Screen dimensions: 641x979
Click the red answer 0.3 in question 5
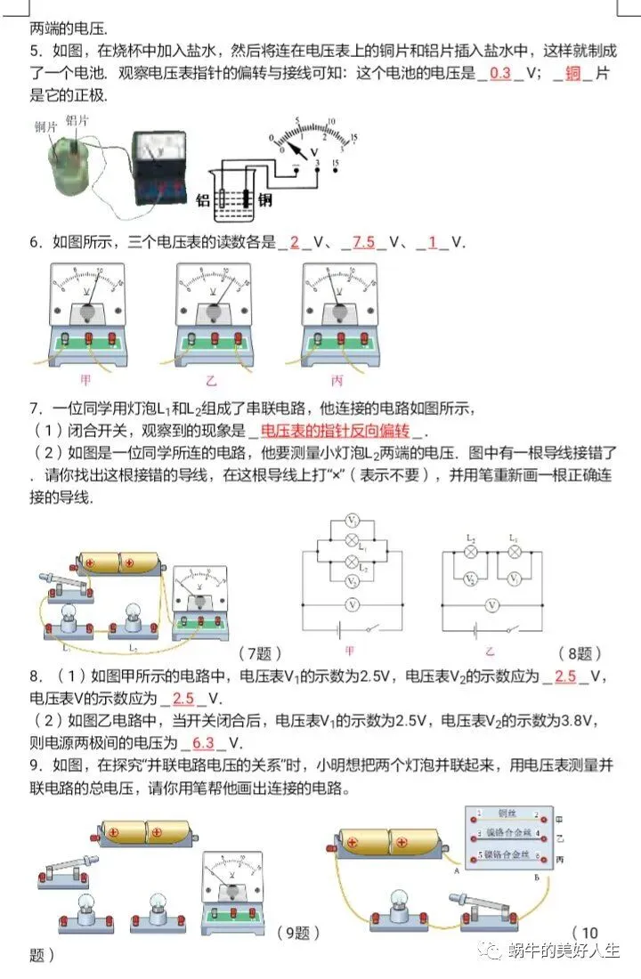click(x=500, y=74)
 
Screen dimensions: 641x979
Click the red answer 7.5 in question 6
click(x=363, y=242)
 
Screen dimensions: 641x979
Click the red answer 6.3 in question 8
click(x=204, y=743)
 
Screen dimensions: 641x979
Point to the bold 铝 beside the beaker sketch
click(x=203, y=201)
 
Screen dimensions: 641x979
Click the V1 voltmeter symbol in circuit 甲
click(x=353, y=521)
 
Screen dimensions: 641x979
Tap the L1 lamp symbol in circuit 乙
click(x=513, y=553)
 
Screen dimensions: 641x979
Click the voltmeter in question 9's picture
click(x=233, y=889)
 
